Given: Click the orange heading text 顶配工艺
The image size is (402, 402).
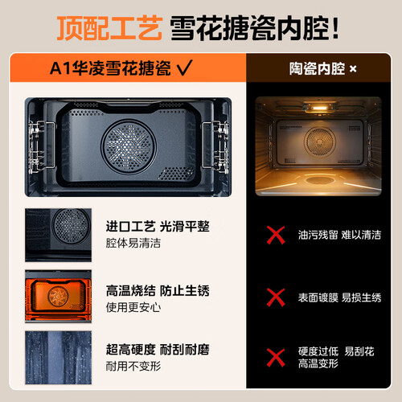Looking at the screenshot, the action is (109, 28).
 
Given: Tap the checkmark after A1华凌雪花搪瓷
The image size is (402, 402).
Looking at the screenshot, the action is (185, 68).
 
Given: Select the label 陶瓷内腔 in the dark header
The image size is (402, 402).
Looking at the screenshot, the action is (317, 69).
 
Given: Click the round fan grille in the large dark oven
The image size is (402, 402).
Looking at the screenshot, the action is (129, 146).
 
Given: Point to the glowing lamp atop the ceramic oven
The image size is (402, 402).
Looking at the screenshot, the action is (320, 108).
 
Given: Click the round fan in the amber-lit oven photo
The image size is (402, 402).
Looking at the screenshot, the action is (320, 142).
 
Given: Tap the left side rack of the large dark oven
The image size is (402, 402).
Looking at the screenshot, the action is (41, 146).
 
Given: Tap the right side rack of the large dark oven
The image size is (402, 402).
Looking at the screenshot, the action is (215, 146).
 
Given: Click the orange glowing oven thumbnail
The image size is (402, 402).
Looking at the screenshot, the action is (58, 296).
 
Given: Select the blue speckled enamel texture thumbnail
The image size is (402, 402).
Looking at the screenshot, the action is (58, 358).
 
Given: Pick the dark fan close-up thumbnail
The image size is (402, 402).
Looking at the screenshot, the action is (58, 235).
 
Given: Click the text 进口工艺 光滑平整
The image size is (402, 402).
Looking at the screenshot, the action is (158, 227).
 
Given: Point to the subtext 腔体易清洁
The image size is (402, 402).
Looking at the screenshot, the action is (133, 243).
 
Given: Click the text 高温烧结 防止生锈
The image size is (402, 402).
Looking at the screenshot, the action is (158, 291).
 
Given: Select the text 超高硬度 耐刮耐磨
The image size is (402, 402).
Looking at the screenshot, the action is (158, 350).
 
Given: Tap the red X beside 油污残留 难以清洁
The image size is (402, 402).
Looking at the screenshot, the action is (276, 235).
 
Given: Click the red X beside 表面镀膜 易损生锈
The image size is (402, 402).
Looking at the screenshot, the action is (276, 297).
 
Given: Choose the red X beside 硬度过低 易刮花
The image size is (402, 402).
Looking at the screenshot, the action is (276, 358).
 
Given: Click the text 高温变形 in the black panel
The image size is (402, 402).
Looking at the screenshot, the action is (318, 363).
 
